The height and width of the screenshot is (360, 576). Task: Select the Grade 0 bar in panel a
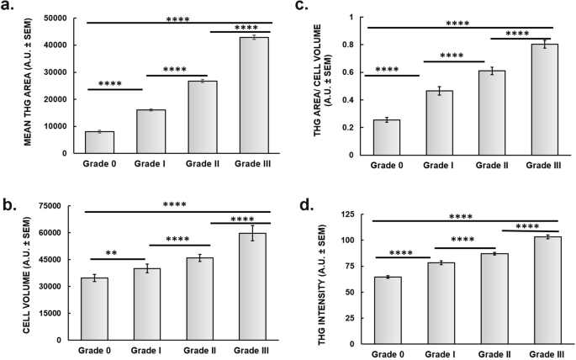tap(99, 142)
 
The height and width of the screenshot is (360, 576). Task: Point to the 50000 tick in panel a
tap(56, 18)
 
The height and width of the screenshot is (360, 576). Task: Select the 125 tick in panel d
tap(346, 215)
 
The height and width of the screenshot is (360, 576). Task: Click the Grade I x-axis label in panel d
tap(439, 354)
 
